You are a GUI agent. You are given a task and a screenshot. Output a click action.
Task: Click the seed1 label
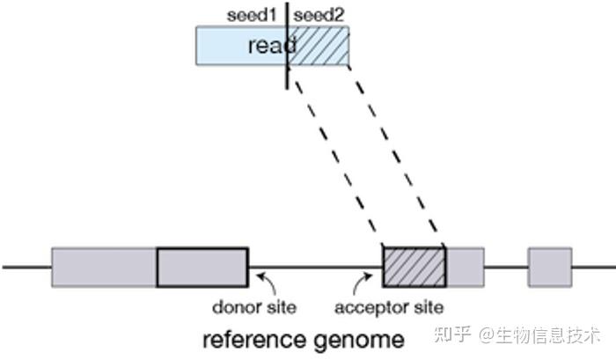point(252,15)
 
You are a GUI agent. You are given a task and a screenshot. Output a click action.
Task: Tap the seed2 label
point(319,15)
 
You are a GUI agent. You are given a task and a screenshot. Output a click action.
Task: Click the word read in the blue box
point(272,45)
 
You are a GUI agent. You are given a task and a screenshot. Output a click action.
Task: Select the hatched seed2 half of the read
point(319,46)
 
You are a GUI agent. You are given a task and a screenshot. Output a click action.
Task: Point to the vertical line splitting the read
point(287,46)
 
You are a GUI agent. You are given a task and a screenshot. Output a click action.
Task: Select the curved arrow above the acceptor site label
point(363,283)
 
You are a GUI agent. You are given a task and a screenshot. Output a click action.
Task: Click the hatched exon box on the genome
point(414,268)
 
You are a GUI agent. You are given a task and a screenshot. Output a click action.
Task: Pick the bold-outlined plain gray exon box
point(202,268)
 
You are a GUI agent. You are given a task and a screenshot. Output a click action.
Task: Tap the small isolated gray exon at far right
point(550,268)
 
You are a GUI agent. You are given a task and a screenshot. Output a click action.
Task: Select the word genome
point(359,341)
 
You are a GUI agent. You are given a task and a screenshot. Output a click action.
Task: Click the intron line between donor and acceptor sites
point(315,268)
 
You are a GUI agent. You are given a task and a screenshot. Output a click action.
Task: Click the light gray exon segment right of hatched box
point(466,268)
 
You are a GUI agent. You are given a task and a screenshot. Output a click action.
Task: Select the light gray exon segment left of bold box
point(104,268)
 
